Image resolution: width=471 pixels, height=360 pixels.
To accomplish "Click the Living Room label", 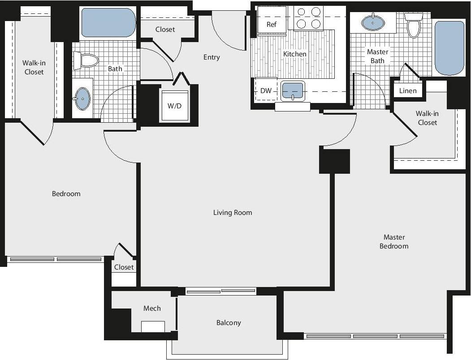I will [x=232, y=213].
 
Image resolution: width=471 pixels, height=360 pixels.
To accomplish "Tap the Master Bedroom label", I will [x=393, y=242].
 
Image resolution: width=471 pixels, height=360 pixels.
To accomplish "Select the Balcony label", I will [x=229, y=323].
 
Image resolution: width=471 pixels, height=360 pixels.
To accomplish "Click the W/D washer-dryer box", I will [x=174, y=106].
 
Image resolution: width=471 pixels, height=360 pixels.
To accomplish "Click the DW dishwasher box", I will [x=266, y=91].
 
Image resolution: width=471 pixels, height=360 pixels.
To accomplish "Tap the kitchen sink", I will [x=293, y=91].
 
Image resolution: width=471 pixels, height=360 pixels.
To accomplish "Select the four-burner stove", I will [x=309, y=18].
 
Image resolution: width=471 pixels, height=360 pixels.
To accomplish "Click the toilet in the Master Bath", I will [x=413, y=25].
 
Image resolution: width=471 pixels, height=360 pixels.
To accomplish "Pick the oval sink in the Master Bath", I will [x=372, y=21].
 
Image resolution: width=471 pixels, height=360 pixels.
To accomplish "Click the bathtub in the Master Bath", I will [x=449, y=48].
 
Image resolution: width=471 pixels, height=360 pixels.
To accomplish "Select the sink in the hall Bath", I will [x=82, y=99].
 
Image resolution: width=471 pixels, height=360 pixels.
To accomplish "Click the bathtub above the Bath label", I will [x=108, y=23].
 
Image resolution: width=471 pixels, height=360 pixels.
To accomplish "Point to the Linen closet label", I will [x=408, y=91].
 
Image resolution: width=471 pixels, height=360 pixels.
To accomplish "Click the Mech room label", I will [x=152, y=309].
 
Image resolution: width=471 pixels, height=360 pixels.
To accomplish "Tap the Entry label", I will [x=212, y=57].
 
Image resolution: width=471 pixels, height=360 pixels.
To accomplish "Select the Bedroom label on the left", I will [x=66, y=194].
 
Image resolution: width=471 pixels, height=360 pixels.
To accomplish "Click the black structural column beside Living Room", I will [x=334, y=161].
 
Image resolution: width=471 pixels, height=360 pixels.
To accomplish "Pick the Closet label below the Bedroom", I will [x=124, y=267].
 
